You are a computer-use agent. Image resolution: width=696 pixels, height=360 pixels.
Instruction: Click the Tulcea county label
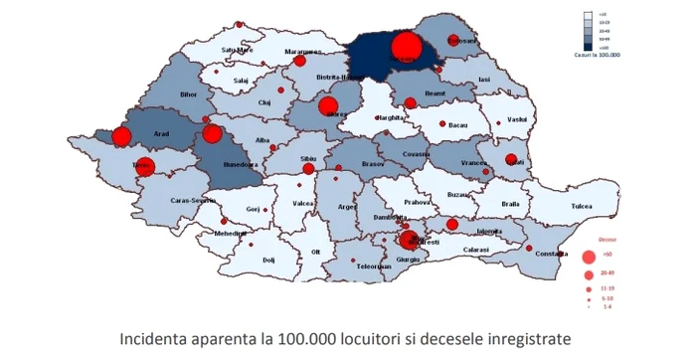(581, 207)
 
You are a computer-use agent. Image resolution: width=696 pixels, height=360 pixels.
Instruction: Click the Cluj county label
(263, 102)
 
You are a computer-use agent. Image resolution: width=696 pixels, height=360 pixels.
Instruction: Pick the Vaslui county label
(515, 119)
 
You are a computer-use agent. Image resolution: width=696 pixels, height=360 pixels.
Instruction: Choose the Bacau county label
(458, 126)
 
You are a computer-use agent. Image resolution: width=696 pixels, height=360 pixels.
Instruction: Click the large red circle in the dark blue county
(406, 47)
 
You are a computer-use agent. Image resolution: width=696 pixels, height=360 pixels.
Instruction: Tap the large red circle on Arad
(122, 137)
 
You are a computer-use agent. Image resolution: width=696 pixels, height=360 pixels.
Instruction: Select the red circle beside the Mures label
(328, 106)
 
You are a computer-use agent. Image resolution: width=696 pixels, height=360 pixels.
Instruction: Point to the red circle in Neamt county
(411, 101)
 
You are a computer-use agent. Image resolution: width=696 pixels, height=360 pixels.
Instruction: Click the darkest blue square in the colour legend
(588, 47)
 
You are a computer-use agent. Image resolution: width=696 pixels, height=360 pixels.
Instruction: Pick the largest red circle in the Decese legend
(589, 256)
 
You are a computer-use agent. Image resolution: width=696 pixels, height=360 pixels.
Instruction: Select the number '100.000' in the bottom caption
(287, 339)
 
